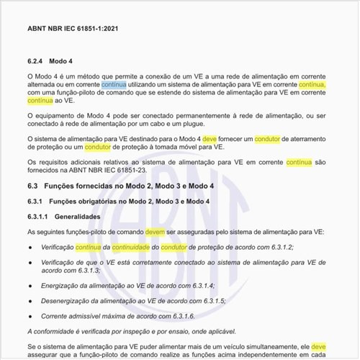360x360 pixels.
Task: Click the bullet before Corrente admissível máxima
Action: coord(29,316)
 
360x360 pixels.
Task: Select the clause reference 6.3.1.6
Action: coord(181,316)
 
